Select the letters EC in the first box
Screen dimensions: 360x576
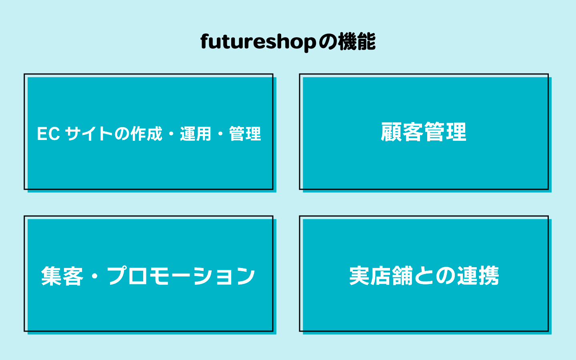(48, 134)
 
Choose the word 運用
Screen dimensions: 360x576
(195, 134)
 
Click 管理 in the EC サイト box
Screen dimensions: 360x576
(245, 134)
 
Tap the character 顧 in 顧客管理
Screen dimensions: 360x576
(391, 132)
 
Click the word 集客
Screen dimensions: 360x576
(62, 276)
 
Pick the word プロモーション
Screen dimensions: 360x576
(181, 276)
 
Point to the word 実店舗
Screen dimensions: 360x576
(381, 276)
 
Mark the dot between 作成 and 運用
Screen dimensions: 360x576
(171, 134)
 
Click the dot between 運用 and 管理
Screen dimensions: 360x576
(220, 134)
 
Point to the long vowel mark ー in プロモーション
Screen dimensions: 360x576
(181, 276)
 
